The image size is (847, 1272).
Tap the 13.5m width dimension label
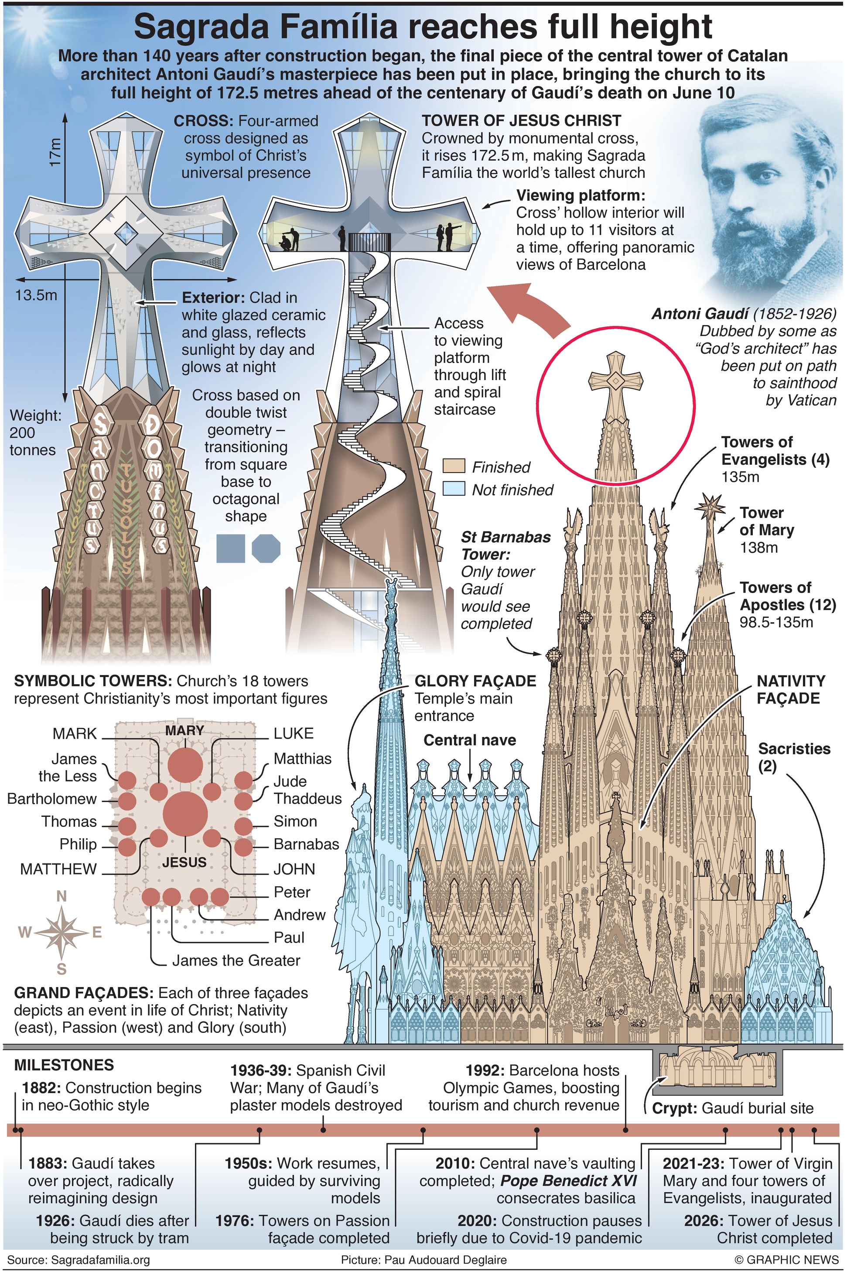[x=36, y=295]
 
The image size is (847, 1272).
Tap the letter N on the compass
[x=61, y=897]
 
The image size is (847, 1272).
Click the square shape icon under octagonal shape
[x=231, y=549]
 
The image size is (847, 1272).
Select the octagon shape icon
[x=266, y=549]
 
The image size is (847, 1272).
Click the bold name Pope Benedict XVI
[x=568, y=1181]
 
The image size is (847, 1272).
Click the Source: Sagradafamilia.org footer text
[x=79, y=1260]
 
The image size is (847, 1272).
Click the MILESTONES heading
[x=64, y=1065]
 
